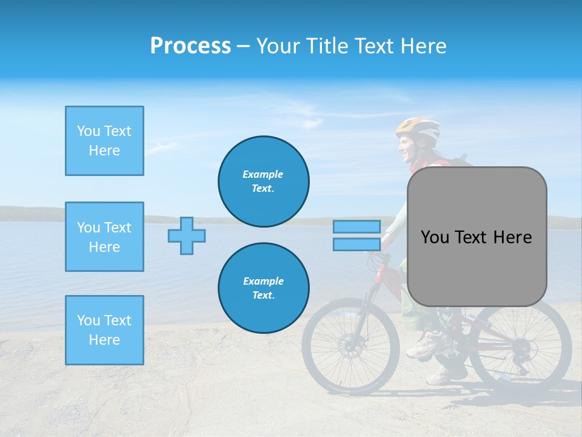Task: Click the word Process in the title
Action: [x=190, y=46]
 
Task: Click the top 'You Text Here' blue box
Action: [x=104, y=141]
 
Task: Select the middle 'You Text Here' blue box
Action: [x=104, y=237]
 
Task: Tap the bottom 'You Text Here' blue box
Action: [x=104, y=330]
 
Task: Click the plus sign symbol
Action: [x=187, y=235]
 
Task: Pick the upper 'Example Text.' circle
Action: [x=264, y=181]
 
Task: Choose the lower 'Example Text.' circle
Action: [x=264, y=288]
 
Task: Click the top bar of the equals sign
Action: [x=356, y=227]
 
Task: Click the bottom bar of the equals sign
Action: [x=356, y=245]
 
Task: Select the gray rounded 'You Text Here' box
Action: [x=477, y=237]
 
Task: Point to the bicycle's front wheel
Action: [x=350, y=347]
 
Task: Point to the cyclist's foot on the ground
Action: [x=438, y=376]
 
